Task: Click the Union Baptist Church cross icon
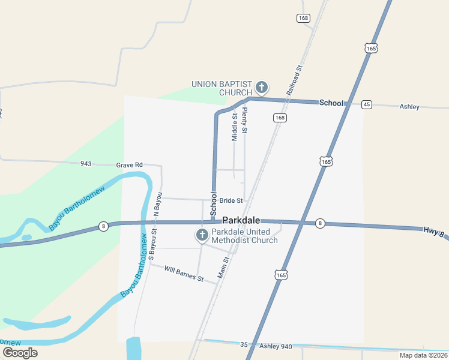[x=261, y=88]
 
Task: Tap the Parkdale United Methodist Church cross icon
[x=202, y=235]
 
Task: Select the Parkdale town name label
[x=241, y=220]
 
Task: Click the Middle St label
[x=235, y=127]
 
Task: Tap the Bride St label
[x=231, y=200]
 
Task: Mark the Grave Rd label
[x=129, y=164]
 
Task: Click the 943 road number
[x=86, y=164]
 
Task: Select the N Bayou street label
[x=157, y=204]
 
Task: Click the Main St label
[x=223, y=268]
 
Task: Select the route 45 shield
[x=367, y=104]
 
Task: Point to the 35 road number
[x=244, y=345]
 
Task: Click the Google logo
[x=19, y=352]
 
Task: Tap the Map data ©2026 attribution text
[x=423, y=355]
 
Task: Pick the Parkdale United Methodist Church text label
[x=244, y=236]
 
